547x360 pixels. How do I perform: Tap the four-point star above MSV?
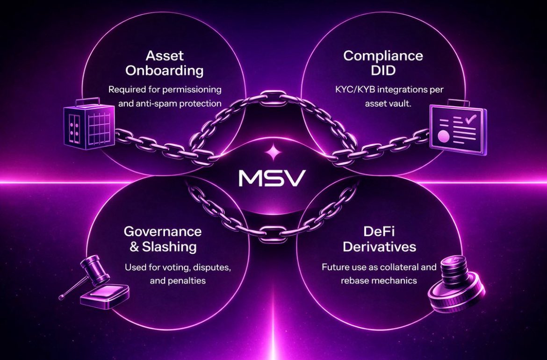tap(271, 152)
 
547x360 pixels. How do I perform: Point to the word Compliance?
tap(383, 56)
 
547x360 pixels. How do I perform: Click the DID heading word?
tap(383, 71)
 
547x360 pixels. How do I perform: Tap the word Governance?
tap(163, 231)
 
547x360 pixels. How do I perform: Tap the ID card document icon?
tap(458, 127)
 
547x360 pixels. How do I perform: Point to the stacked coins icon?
tap(455, 292)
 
